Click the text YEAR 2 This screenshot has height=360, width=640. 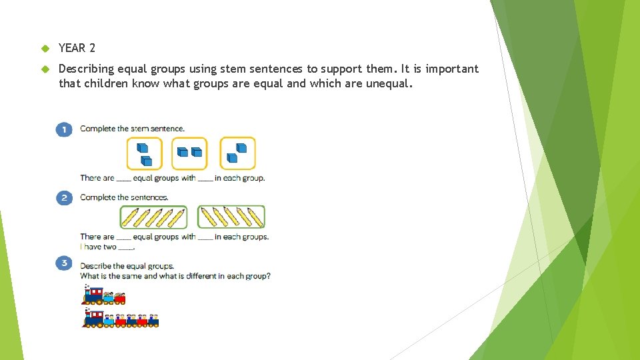77,48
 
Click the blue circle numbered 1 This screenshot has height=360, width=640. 64,129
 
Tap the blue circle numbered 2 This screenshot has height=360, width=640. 64,198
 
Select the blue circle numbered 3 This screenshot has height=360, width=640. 64,264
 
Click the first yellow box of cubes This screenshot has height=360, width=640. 145,154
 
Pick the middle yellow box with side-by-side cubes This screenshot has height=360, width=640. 189,154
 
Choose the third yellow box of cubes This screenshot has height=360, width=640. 238,153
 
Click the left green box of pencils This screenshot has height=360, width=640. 153,217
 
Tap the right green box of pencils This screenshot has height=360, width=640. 231,217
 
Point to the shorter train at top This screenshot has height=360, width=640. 104,295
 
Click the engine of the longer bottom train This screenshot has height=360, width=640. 94,319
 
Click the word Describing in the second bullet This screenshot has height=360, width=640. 86,69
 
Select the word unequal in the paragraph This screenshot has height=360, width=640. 388,84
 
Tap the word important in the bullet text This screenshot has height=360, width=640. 452,69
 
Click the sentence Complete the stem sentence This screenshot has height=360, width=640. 132,129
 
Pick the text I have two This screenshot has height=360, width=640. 98,247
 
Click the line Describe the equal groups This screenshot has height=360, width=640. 127,266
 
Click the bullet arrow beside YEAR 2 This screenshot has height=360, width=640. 45,49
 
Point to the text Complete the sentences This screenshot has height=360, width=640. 124,197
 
